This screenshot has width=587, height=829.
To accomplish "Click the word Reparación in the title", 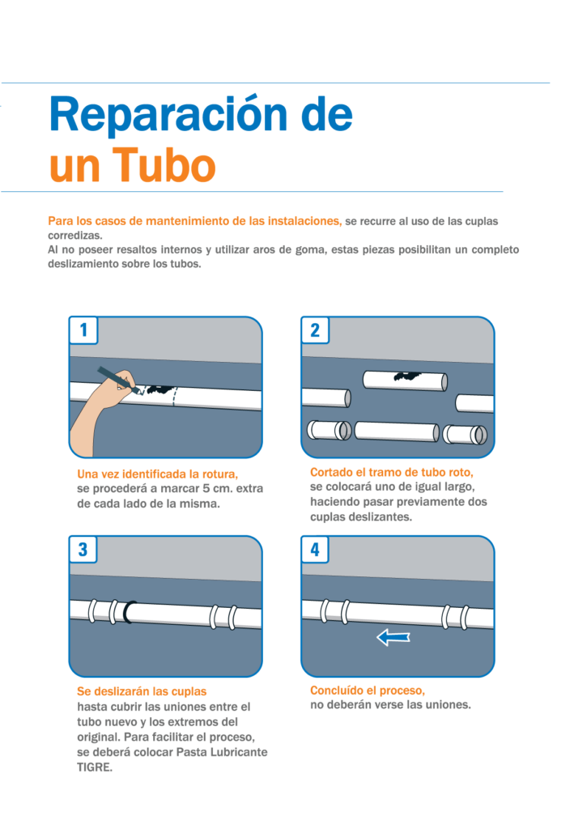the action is (x=168, y=116).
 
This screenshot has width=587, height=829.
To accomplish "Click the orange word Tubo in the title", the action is (x=164, y=165).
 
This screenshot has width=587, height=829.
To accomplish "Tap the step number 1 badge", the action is (x=83, y=330).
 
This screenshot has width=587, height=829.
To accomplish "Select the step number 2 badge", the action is (x=315, y=330).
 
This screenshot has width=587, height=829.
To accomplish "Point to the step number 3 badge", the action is (x=83, y=550).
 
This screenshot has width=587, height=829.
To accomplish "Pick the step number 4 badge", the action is (x=315, y=550).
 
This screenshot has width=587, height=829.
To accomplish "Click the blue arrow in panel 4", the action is (x=393, y=637).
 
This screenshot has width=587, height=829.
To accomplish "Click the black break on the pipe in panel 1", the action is (x=160, y=389).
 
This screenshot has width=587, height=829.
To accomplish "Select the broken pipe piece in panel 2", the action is (x=405, y=380).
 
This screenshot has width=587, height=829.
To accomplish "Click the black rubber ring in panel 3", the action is (x=129, y=612).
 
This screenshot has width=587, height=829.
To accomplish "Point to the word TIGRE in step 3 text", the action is (x=95, y=767).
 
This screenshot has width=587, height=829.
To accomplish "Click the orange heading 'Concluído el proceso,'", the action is (x=368, y=691).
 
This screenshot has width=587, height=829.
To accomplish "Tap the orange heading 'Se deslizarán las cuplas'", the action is (x=142, y=691).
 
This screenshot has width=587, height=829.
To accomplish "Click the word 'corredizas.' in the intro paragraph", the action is (x=75, y=236).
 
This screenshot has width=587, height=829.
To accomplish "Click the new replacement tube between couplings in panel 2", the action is (x=397, y=431).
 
